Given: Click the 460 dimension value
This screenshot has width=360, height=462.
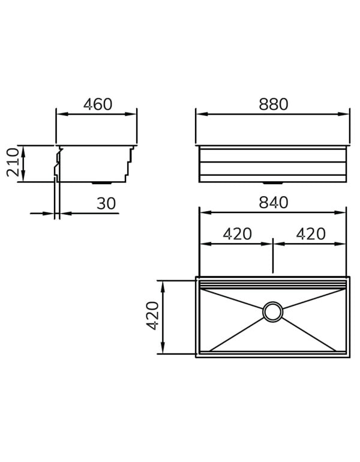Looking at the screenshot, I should pos(98,104).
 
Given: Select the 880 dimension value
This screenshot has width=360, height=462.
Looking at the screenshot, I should pos(274,104).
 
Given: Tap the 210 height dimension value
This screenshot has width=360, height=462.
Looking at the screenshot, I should pos(13,163).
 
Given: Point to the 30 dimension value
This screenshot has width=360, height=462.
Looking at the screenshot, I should pos(106,204).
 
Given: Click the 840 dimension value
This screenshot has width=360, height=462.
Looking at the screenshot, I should pos(274,203).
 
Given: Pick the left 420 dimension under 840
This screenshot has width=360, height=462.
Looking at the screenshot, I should pos(237,234).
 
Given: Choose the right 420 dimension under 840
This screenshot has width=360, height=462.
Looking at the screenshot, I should pos(311,234).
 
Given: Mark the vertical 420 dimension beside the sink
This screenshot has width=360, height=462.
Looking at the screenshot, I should pos(153,316).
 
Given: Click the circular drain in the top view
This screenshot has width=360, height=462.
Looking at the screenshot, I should pos(272,311).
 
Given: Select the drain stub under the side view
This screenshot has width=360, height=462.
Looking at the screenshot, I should pos(100,182).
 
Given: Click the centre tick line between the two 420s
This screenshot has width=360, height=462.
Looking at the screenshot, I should pos(273,255).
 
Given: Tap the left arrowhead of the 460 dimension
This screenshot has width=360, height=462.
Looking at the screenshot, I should pos(60,114).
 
